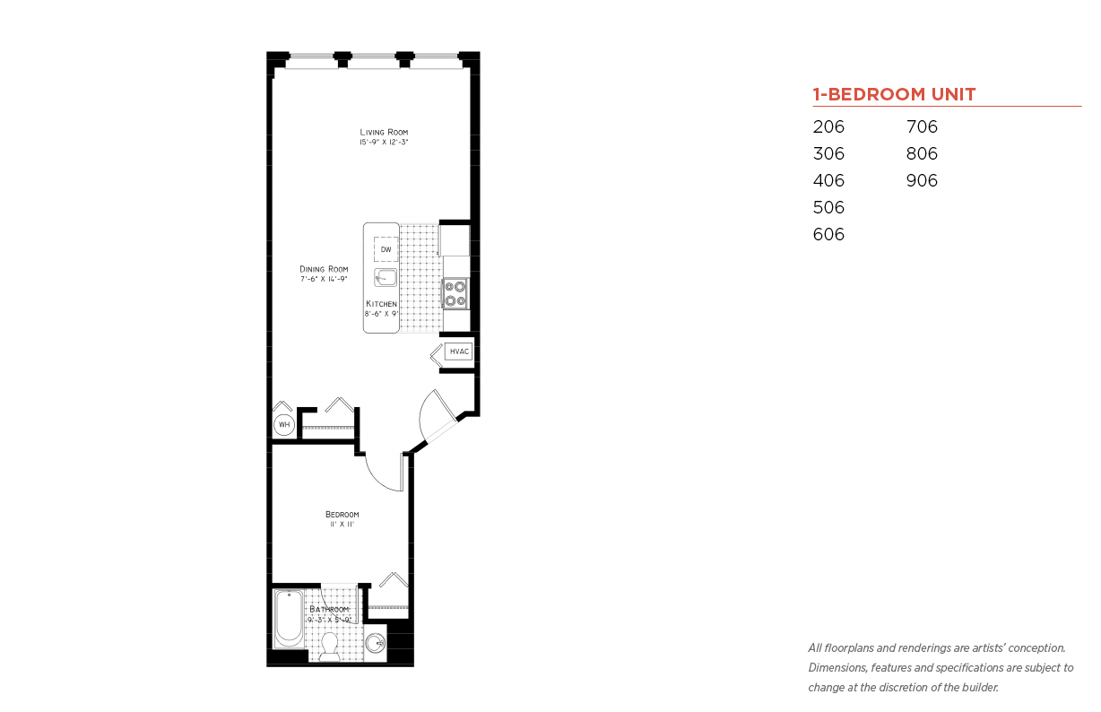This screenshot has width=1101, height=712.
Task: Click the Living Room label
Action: coord(384,133)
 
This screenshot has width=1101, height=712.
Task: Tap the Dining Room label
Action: coord(324,269)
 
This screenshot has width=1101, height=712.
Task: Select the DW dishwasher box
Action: coord(386,249)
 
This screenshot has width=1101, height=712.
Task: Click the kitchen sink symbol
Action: coord(386,277)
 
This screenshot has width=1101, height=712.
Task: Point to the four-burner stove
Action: coord(455,293)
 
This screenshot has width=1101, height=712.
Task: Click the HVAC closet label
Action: coord(460,352)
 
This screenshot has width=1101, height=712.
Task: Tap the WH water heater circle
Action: coord(284,425)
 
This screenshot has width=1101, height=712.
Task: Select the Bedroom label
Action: coord(342,515)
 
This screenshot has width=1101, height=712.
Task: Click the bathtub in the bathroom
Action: coord(289,619)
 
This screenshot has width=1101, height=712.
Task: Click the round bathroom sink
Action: coord(376,644)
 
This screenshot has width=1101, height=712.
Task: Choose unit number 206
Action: coord(828,126)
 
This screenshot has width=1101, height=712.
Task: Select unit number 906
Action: coord(922,180)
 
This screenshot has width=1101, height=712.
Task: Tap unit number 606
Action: coord(828,234)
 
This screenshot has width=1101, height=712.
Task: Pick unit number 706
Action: coord(922,126)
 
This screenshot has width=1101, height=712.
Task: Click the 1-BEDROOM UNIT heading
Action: coord(894,94)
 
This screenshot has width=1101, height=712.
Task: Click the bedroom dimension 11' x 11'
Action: coord(342,525)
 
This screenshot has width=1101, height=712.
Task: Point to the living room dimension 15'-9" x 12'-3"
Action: coord(384,142)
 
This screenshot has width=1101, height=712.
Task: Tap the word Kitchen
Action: coord(381,304)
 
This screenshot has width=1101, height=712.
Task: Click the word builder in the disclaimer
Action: coord(980,688)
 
